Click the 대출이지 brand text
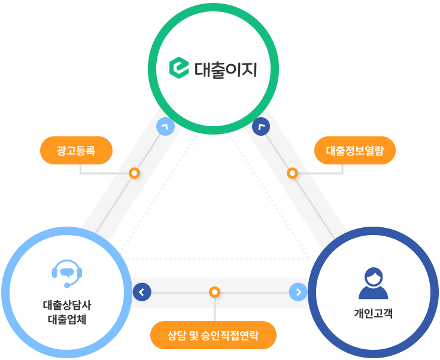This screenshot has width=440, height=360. pos(226,69)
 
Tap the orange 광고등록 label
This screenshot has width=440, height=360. pos(76,150)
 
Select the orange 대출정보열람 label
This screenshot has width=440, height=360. pos(355,150)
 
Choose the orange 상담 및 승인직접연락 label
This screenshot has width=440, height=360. pos(214,335)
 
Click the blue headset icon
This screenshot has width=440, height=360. pos(67,274)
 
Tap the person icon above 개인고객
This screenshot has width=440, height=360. pos(374,283)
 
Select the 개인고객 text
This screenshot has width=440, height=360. pos(374,313)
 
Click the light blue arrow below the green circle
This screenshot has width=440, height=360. pos(165,127)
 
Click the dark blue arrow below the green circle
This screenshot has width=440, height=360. pos(262,127)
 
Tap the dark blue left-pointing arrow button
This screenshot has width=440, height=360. pos(142,292)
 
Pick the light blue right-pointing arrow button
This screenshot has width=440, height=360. pos(298,292)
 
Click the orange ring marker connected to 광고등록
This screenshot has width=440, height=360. pos(135,173)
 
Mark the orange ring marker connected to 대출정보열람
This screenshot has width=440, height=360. pos(292,173)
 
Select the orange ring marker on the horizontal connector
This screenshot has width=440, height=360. pos(214,292)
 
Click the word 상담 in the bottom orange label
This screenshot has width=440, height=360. pos(177,335)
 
